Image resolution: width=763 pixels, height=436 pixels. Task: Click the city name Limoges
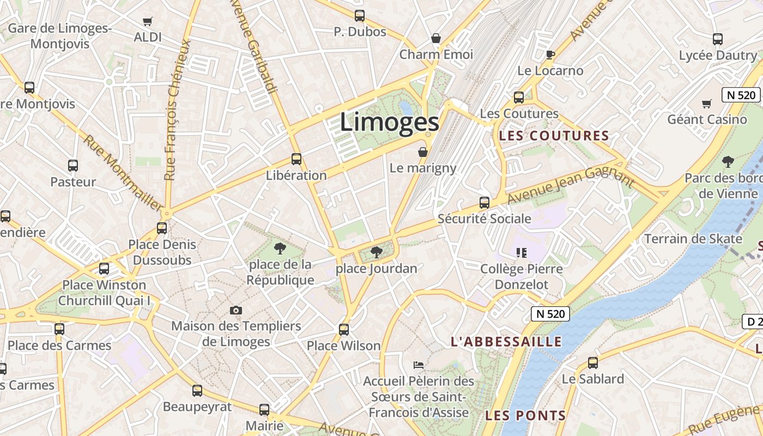(389, 122)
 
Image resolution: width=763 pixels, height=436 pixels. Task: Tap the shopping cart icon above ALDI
(147, 22)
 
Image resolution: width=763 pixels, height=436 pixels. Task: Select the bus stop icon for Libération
(296, 159)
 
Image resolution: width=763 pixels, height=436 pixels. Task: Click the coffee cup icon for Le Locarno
(550, 55)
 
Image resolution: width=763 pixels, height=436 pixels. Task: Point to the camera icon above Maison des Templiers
(236, 310)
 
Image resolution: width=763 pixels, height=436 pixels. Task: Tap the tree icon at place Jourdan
(376, 252)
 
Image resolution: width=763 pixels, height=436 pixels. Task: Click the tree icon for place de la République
(280, 249)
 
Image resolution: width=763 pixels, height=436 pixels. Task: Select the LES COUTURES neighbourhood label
(554, 136)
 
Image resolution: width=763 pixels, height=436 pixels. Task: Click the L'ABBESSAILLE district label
(506, 342)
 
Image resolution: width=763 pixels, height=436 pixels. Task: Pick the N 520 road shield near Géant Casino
(741, 95)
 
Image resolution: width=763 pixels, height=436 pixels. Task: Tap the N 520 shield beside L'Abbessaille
(550, 314)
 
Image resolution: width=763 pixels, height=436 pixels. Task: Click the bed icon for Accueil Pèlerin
(419, 365)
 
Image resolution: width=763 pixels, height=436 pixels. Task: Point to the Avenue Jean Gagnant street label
(571, 186)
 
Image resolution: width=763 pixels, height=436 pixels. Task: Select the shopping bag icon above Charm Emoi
(436, 38)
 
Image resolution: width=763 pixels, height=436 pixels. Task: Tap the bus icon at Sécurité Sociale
(484, 203)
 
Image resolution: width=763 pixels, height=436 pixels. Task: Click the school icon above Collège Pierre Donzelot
(522, 253)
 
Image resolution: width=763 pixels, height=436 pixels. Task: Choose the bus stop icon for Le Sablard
(593, 362)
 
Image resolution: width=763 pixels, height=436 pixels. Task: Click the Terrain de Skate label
(693, 239)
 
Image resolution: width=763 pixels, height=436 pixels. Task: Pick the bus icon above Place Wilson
(344, 329)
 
